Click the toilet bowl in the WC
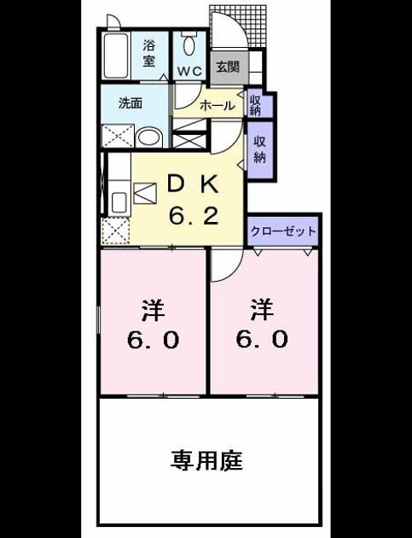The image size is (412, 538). click(x=189, y=45)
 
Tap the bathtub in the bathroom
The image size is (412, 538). click(x=115, y=56)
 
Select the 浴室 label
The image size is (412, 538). click(x=148, y=53)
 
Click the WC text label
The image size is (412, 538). click(x=189, y=72)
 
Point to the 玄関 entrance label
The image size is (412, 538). click(x=228, y=67)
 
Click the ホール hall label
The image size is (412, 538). click(x=217, y=105)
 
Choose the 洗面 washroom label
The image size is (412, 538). click(x=131, y=103)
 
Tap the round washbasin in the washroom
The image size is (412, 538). click(x=149, y=138)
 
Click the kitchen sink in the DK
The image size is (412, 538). click(x=119, y=202)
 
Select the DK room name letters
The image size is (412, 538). click(x=193, y=185)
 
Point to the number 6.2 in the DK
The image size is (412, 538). click(x=194, y=216)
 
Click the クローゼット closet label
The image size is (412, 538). click(x=283, y=231)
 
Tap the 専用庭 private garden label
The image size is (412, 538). click(x=206, y=460)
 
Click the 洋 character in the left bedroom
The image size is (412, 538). click(x=153, y=310)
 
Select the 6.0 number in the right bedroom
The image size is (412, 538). click(x=262, y=339)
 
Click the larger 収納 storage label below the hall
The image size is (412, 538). click(x=260, y=149)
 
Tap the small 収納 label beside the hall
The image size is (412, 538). click(x=255, y=106)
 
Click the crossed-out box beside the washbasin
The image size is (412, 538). click(x=118, y=136)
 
